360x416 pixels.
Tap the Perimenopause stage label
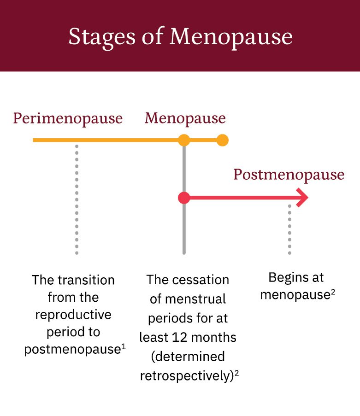(x=68, y=118)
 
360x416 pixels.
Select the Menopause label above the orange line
(x=185, y=118)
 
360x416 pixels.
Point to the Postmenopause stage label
(x=289, y=175)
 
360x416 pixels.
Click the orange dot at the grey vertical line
(x=184, y=140)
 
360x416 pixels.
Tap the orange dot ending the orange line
(x=222, y=140)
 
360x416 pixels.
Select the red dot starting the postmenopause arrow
(x=184, y=198)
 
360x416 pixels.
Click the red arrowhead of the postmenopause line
(x=302, y=198)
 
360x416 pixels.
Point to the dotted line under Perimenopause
(x=77, y=198)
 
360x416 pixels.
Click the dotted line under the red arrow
(x=289, y=229)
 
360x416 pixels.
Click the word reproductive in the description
(x=73, y=315)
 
